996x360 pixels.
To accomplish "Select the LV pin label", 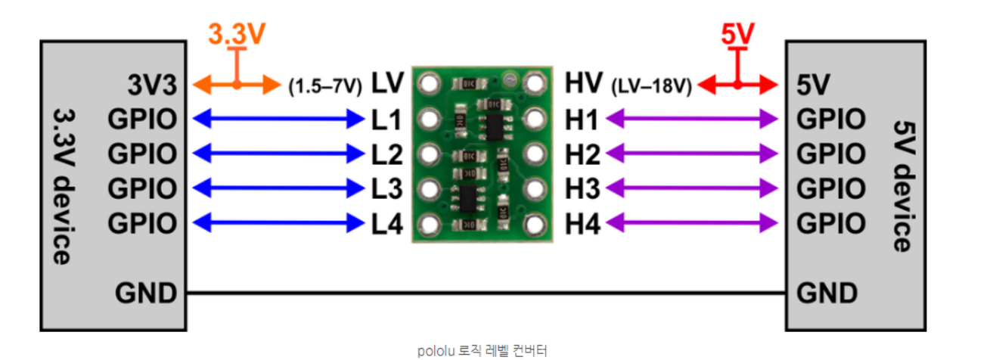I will pos(388,83).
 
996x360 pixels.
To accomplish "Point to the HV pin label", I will pos(584,83).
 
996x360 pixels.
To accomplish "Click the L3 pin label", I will pos(387,188).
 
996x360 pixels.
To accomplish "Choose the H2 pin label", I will pos(582,154).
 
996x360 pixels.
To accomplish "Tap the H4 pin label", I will pos(582,224).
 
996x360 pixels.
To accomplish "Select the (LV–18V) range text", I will pos(651,85).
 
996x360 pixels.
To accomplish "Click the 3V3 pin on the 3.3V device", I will pos(151,85).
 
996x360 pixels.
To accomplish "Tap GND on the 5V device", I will pos(827,293).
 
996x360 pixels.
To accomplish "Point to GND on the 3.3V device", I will pos(146,293).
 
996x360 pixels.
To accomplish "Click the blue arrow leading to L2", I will pos(279,154).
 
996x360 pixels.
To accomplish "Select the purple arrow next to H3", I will pos(692,188).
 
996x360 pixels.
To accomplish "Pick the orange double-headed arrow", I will pos(237,85).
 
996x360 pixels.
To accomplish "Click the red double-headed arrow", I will pos(737,85).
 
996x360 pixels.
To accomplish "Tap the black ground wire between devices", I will pos(484,292).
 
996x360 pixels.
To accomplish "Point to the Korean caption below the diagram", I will pos(481,350).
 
